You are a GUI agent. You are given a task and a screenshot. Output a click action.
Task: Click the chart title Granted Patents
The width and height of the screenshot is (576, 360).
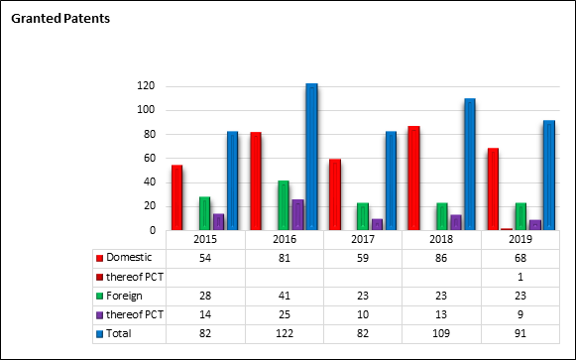pos(60,19)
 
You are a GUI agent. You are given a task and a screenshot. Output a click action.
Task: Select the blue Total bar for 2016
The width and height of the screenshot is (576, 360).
pos(311,157)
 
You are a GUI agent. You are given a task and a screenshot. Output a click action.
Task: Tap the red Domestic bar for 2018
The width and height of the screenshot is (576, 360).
pos(413,179)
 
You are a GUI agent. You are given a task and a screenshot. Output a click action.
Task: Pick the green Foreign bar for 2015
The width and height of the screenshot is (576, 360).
pos(204,213)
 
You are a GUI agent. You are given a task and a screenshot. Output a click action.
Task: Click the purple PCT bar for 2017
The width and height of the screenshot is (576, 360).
pos(377,224)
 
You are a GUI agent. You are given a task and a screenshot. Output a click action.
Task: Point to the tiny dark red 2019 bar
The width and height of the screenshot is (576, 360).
pos(507,229)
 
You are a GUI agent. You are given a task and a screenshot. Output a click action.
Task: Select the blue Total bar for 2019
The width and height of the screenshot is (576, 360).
pos(549,176)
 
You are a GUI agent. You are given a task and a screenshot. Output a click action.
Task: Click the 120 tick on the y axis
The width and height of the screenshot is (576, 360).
pos(146,86)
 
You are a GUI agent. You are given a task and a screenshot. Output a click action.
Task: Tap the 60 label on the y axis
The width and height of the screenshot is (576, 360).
pos(150,159)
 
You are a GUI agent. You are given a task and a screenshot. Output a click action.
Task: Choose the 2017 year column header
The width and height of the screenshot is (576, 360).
pos(363,240)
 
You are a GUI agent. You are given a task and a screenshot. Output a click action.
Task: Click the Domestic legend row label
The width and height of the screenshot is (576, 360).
pos(129,258)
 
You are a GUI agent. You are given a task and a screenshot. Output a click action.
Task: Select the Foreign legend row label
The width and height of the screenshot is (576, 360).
pos(124,296)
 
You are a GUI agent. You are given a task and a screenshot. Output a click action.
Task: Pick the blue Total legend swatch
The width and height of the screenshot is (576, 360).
pos(99,334)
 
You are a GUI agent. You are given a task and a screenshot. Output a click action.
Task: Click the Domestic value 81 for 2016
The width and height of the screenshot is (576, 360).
pos(285,258)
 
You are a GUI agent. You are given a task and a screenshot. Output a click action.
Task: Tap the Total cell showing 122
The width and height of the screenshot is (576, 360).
pos(285,333)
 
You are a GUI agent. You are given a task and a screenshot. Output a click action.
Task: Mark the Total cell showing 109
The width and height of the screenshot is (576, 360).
pos(441,333)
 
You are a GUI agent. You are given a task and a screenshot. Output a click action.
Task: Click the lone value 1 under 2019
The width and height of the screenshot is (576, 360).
pos(520,277)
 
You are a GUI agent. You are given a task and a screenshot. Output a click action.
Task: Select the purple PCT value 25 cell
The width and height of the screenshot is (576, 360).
pos(285,314)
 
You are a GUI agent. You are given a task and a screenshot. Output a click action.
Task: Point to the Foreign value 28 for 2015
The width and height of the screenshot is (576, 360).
pos(205,296)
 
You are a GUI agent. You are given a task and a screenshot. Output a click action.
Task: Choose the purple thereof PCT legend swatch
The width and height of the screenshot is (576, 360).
pos(99,315)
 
